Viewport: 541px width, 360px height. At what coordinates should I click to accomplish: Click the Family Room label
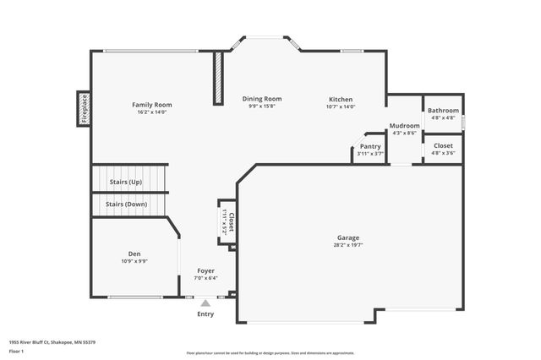coord(152,104)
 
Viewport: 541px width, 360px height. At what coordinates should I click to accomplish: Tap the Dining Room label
coord(262,99)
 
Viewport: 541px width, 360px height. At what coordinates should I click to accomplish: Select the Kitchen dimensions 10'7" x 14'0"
coord(342,106)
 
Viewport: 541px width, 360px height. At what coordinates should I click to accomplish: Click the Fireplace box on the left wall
coord(84,109)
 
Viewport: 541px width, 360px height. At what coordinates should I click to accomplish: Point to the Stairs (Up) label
coord(125,182)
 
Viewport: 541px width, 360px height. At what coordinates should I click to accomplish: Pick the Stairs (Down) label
coord(126,204)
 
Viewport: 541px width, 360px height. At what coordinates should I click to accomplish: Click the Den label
coord(134,254)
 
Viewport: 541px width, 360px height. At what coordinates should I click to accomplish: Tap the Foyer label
coord(206,270)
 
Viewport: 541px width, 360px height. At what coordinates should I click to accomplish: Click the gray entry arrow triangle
coord(205,302)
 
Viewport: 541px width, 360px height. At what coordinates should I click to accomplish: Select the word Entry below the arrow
coord(205,314)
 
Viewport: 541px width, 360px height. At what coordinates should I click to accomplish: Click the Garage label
coord(348,237)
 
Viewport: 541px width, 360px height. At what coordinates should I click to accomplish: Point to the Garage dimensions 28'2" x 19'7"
coord(348,245)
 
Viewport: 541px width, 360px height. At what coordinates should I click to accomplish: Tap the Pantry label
coord(370,146)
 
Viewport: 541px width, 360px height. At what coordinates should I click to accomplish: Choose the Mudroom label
coord(404,126)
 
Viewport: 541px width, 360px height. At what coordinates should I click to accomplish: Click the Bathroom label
coord(443,111)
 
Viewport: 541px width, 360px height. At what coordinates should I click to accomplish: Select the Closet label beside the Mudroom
coord(443,146)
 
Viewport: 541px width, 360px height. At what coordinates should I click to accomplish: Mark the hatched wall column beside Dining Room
coord(217,79)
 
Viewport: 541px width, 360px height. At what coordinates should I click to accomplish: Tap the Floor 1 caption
coord(17,351)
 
